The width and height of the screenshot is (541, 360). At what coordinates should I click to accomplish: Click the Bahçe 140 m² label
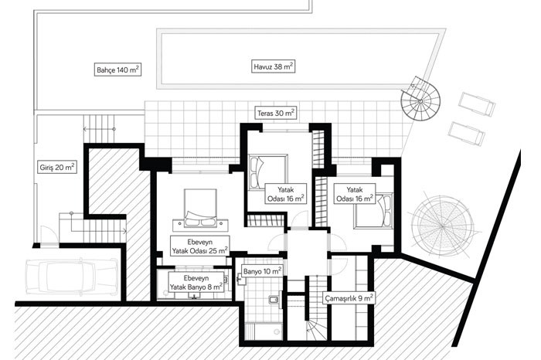(x=117, y=70)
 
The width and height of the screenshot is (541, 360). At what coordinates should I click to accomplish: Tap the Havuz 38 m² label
(x=274, y=66)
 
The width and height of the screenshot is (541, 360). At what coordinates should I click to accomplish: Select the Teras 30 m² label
(x=276, y=113)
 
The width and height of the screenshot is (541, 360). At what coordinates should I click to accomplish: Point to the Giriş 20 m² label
(x=57, y=167)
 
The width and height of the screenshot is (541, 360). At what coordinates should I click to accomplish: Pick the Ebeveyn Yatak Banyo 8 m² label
(x=196, y=282)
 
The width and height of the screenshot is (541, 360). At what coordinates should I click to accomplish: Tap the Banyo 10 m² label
(x=262, y=271)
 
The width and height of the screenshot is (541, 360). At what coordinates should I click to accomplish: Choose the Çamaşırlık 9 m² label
(x=349, y=298)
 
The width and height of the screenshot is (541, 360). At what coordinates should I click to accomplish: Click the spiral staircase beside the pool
(x=420, y=100)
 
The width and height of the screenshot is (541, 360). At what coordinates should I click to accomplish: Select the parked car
(x=72, y=277)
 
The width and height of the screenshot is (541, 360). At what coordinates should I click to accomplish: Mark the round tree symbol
(x=442, y=226)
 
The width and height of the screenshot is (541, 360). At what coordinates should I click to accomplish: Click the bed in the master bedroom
(x=200, y=209)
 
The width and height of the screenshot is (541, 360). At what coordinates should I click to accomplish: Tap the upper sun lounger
(x=477, y=104)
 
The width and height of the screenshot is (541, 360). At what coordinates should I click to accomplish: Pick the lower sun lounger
(x=467, y=134)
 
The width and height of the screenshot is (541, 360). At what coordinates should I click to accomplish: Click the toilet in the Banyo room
(x=274, y=299)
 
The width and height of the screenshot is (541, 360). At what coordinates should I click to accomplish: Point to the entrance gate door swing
(x=48, y=235)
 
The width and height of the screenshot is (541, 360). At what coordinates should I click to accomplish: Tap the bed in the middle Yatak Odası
(x=267, y=172)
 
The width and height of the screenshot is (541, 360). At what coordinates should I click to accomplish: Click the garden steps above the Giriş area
(x=99, y=128)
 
